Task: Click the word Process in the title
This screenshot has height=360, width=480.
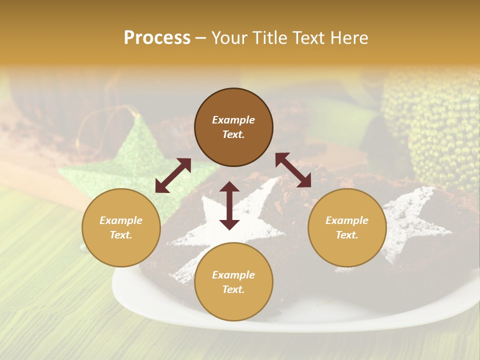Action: pyautogui.click(x=157, y=38)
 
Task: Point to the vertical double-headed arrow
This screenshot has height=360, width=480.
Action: pyautogui.click(x=229, y=205)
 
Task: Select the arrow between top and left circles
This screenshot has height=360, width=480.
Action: pyautogui.click(x=173, y=175)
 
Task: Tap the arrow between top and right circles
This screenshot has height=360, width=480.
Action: pyautogui.click(x=293, y=170)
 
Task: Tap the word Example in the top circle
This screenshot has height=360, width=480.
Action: pyautogui.click(x=233, y=120)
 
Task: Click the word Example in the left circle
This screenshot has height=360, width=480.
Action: pyautogui.click(x=121, y=220)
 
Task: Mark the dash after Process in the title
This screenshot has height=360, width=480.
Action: pyautogui.click(x=200, y=38)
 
